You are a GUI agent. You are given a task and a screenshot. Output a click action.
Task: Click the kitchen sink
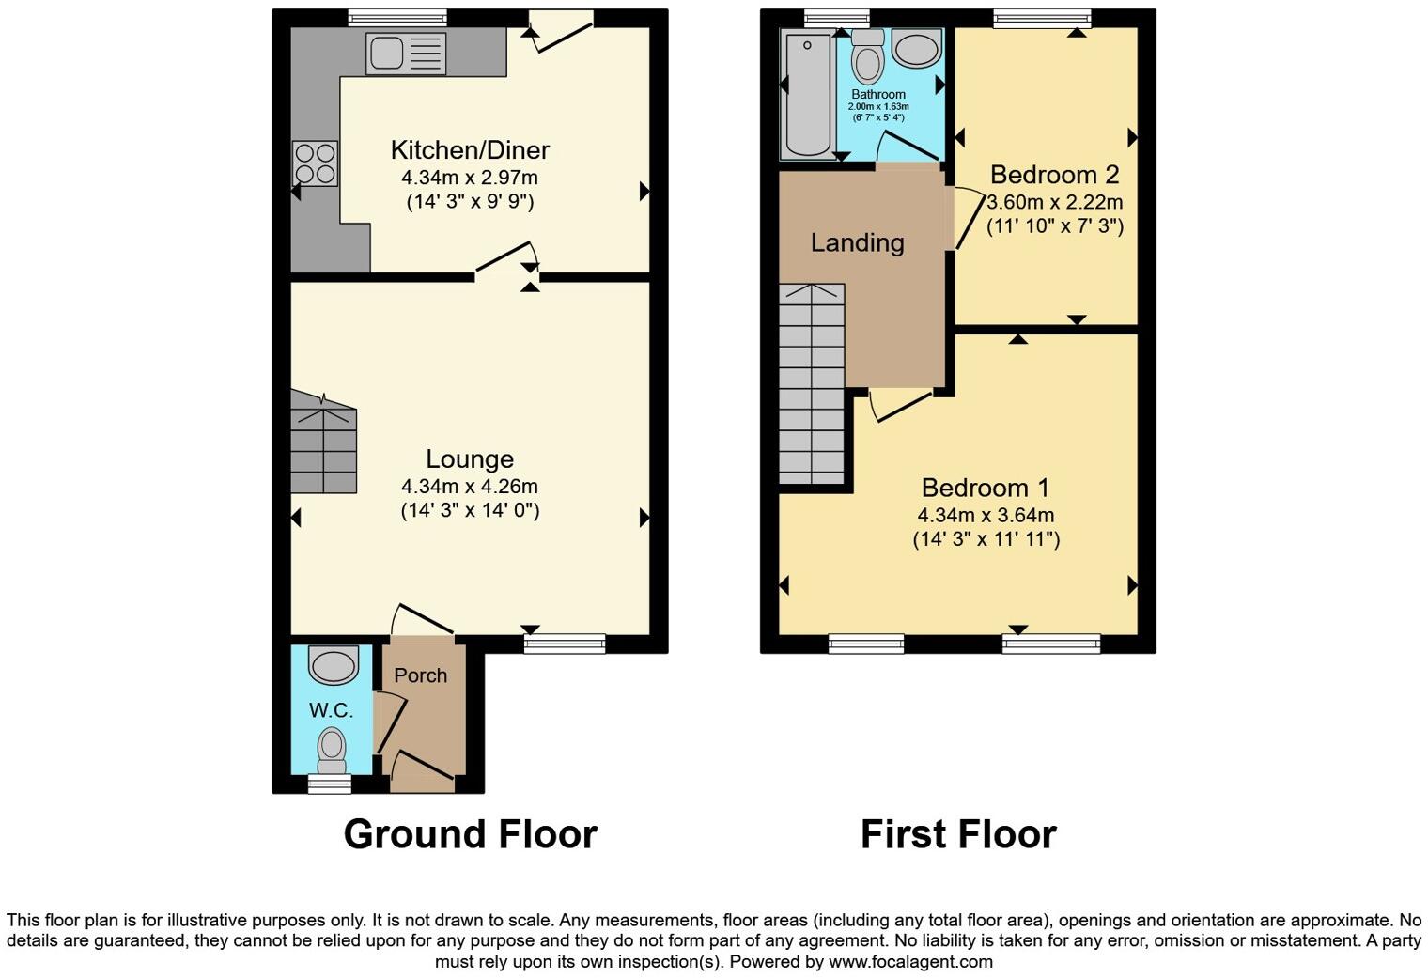407,53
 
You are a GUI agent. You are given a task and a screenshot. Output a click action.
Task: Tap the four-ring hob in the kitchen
315,163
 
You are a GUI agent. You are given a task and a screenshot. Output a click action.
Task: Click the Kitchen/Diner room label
470,149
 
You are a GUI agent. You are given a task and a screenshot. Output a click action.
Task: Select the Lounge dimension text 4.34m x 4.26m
470,486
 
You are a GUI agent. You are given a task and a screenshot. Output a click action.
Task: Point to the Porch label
420,675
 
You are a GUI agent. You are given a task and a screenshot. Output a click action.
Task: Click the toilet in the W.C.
332,748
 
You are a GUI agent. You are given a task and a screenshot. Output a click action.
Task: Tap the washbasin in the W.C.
334,665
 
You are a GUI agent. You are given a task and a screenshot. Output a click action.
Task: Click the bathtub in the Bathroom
807,96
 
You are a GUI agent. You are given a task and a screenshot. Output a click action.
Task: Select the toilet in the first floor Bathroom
867,58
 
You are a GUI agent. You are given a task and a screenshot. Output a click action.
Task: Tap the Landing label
857,242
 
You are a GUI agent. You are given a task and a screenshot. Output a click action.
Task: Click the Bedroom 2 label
1054,175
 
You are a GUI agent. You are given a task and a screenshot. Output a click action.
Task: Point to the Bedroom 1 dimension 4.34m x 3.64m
986,515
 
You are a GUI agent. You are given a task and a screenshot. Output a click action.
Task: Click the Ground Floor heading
470,834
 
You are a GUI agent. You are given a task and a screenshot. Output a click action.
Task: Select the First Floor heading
958,834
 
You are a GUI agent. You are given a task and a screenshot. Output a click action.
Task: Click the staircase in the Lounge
322,443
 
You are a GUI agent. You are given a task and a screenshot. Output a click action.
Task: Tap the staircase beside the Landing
812,385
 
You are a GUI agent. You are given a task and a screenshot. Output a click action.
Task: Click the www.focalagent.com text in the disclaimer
910,962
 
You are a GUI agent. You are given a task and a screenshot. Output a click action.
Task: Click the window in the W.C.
330,784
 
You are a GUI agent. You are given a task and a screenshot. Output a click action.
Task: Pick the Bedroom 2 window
1043,18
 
